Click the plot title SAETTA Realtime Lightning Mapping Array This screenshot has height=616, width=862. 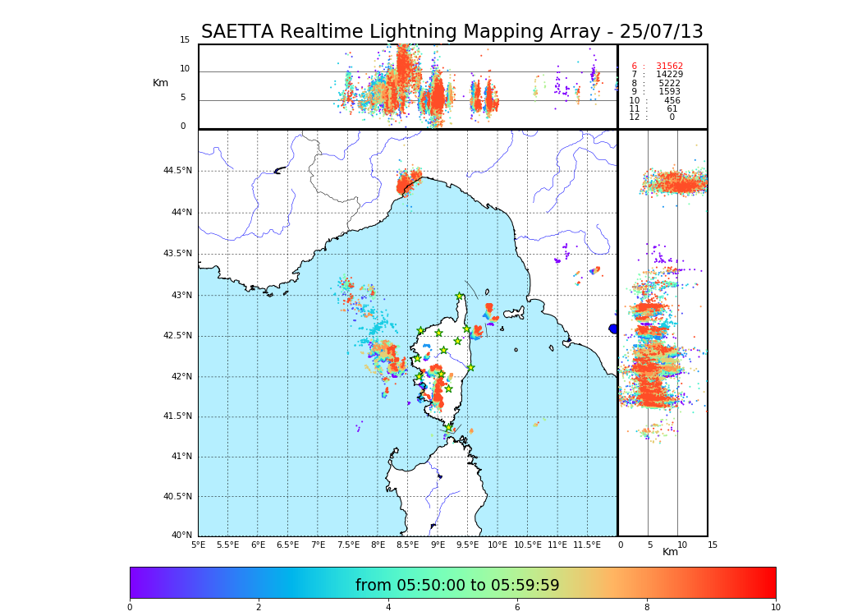452,32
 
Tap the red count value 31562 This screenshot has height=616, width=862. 669,67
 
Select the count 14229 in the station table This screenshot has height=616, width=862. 669,75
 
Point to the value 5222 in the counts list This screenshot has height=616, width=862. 669,84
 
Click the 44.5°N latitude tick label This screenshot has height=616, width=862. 177,171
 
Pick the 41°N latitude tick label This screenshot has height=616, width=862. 180,457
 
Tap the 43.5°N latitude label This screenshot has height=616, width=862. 177,254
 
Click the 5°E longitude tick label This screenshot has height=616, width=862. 199,545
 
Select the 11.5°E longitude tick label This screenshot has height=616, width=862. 587,545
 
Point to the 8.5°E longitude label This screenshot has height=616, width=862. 408,545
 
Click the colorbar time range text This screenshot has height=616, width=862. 457,586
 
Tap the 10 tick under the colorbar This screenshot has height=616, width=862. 775,607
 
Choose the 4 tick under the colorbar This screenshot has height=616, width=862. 388,607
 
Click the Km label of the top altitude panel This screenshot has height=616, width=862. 160,83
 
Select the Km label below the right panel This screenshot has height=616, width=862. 671,552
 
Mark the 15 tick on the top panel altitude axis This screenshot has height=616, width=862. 185,40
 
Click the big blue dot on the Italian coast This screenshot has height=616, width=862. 613,329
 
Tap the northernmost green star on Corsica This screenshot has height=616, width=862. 460,296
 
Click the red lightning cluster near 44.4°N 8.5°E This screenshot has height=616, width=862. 407,182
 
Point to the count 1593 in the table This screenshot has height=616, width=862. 669,92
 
